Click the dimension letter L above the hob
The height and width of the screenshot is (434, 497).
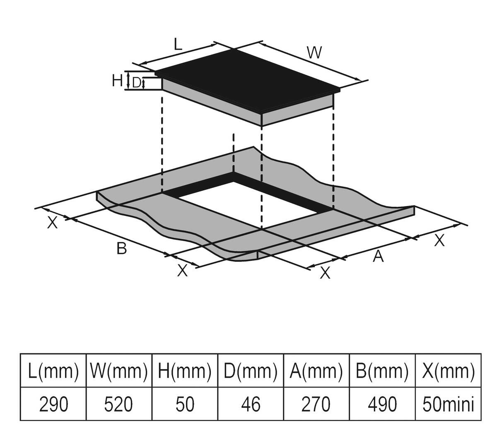point(178,44)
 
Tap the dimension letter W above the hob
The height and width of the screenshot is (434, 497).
point(315,53)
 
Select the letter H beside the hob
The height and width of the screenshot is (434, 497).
point(117,81)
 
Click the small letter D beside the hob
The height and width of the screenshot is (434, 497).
point(137,84)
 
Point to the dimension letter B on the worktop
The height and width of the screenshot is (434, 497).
point(122,248)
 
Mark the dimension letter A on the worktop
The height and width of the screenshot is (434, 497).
point(378,257)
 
